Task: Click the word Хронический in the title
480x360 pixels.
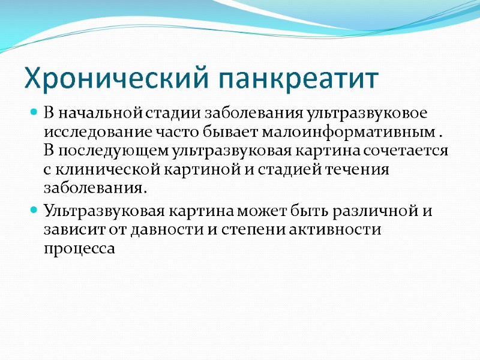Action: click(x=117, y=79)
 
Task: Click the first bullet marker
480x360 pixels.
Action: click(x=34, y=112)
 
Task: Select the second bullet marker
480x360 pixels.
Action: click(x=34, y=211)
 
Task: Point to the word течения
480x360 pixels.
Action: click(x=360, y=170)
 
